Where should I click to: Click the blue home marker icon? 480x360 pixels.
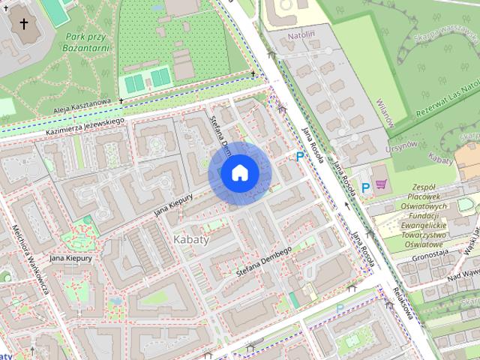pos(239,173)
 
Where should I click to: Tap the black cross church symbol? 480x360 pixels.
pos(24,24)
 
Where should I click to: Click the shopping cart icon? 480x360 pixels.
pos(381,184)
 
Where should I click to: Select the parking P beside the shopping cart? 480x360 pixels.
pos(365,187)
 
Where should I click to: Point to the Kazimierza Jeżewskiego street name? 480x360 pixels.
pos(84,122)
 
